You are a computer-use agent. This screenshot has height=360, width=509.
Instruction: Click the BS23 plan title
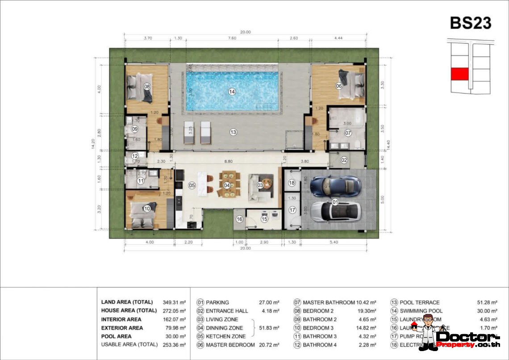(470, 23)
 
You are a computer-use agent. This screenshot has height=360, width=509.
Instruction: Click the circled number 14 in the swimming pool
(232, 92)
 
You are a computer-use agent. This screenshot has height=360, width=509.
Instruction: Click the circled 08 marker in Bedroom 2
(147, 86)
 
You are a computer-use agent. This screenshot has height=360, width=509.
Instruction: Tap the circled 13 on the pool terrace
(233, 132)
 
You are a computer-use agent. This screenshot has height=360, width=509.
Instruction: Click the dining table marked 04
(227, 185)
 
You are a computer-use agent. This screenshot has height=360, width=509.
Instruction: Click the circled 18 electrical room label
(292, 183)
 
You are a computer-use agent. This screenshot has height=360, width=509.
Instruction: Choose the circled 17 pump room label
(292, 210)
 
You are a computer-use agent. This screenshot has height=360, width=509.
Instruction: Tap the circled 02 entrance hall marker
(344, 159)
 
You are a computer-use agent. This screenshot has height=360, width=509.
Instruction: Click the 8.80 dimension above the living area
(228, 158)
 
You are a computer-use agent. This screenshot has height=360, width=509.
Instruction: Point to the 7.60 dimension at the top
(232, 38)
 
